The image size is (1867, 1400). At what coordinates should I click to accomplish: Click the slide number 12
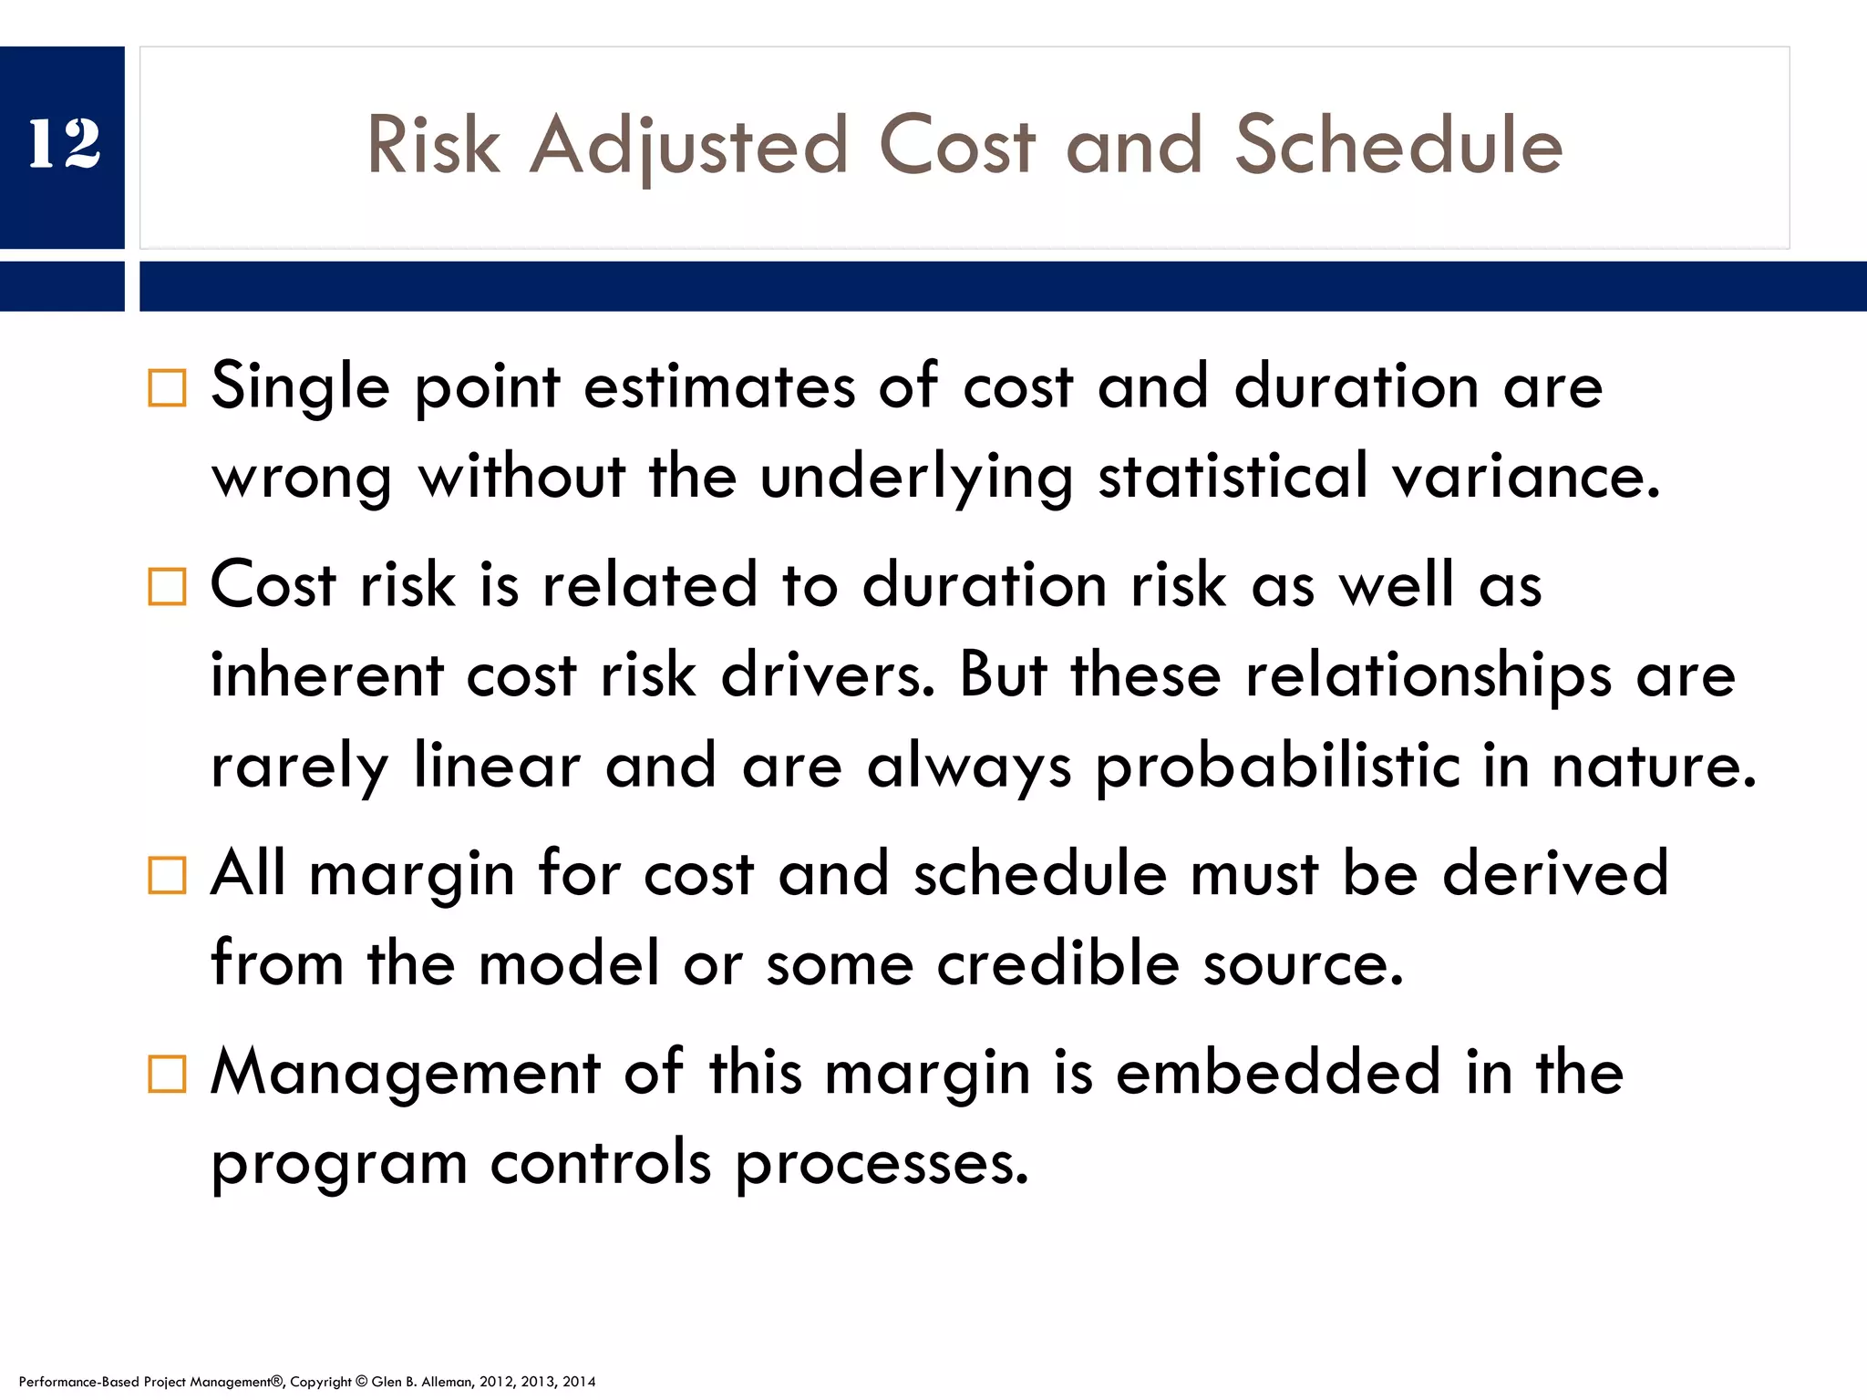pyautogui.click(x=64, y=144)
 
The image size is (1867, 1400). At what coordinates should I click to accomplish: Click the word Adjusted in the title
pyautogui.click(x=689, y=146)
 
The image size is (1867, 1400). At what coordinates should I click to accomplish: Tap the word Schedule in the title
pyautogui.click(x=1398, y=146)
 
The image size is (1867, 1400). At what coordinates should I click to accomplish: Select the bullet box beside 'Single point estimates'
pyautogui.click(x=167, y=388)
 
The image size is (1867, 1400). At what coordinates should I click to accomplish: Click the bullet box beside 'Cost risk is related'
pyautogui.click(x=167, y=586)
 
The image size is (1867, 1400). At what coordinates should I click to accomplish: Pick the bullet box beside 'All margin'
pyautogui.click(x=167, y=875)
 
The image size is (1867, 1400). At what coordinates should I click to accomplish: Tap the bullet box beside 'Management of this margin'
pyautogui.click(x=167, y=1074)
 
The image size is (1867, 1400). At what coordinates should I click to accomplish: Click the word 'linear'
pyautogui.click(x=497, y=766)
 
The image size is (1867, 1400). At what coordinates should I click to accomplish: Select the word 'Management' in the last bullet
pyautogui.click(x=406, y=1072)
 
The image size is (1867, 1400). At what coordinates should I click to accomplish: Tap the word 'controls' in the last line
pyautogui.click(x=600, y=1163)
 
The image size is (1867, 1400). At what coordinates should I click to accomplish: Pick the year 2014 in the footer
pyautogui.click(x=578, y=1382)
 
